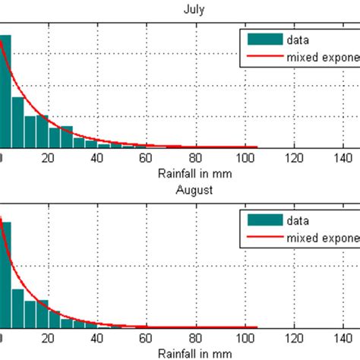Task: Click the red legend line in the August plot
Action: pyautogui.click(x=263, y=237)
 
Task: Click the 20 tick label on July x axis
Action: pyautogui.click(x=48, y=158)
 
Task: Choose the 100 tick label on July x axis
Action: pyautogui.click(x=245, y=158)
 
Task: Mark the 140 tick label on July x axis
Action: pyautogui.click(x=343, y=158)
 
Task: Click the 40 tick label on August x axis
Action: pyautogui.click(x=97, y=337)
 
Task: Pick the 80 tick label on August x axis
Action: pyautogui.click(x=196, y=337)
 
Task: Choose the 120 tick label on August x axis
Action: pyautogui.click(x=294, y=337)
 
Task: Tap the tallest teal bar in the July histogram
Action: pyautogui.click(x=5, y=91)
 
